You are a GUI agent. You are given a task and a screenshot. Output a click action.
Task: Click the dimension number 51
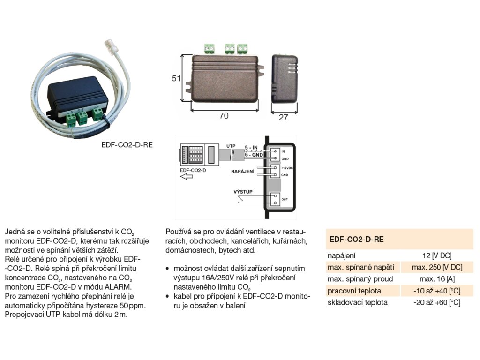[x=176, y=79]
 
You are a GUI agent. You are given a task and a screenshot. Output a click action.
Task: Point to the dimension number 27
[x=283, y=117]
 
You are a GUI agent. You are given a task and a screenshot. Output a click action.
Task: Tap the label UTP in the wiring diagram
[x=231, y=146]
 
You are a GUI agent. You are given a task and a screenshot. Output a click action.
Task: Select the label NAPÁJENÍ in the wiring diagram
[x=242, y=172]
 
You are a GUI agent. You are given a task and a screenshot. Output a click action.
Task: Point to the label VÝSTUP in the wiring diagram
[x=242, y=192]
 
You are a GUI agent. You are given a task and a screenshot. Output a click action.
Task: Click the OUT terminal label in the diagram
[x=284, y=200]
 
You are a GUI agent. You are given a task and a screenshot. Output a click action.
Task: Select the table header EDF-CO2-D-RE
[x=356, y=239]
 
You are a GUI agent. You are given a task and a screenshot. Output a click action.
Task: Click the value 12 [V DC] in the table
[x=436, y=256]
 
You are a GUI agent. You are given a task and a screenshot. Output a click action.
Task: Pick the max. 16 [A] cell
[x=436, y=279]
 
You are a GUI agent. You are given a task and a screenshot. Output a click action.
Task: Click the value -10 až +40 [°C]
[x=436, y=291]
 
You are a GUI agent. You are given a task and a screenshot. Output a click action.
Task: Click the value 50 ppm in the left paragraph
[x=128, y=306]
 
